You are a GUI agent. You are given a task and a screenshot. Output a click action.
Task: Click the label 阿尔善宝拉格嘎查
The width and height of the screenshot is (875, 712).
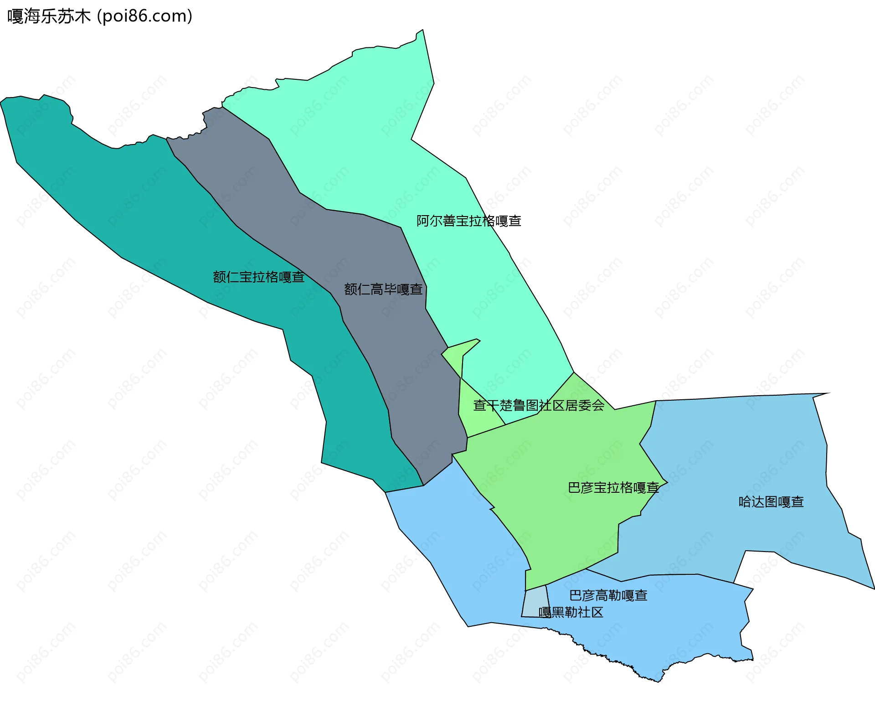(x=468, y=221)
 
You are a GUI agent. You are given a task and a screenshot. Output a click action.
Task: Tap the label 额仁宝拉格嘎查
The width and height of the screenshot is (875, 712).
(x=258, y=277)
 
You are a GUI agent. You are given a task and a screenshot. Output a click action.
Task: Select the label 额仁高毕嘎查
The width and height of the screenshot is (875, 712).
(x=383, y=289)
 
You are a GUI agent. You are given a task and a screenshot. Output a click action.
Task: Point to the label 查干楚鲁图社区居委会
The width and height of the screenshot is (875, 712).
(x=539, y=405)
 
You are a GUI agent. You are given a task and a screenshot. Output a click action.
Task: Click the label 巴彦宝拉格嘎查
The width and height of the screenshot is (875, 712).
(x=613, y=488)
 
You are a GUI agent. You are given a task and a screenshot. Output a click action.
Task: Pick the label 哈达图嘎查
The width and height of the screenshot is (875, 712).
(x=771, y=502)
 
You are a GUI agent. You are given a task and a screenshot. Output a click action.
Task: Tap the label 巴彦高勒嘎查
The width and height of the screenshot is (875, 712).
(x=608, y=595)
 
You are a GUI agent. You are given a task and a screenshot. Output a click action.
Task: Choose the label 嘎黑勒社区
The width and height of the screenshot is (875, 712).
(x=571, y=612)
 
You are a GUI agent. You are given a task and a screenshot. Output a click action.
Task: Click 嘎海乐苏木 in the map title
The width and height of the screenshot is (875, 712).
(x=49, y=16)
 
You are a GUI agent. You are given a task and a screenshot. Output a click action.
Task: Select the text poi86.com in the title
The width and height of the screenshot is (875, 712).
(x=145, y=16)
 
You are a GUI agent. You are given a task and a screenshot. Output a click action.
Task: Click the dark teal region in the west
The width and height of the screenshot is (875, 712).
(x=137, y=205)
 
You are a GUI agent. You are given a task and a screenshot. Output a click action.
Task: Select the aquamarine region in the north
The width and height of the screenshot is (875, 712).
(x=365, y=137)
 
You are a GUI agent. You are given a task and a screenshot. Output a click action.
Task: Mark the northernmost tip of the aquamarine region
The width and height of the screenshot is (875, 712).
(x=422, y=31)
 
